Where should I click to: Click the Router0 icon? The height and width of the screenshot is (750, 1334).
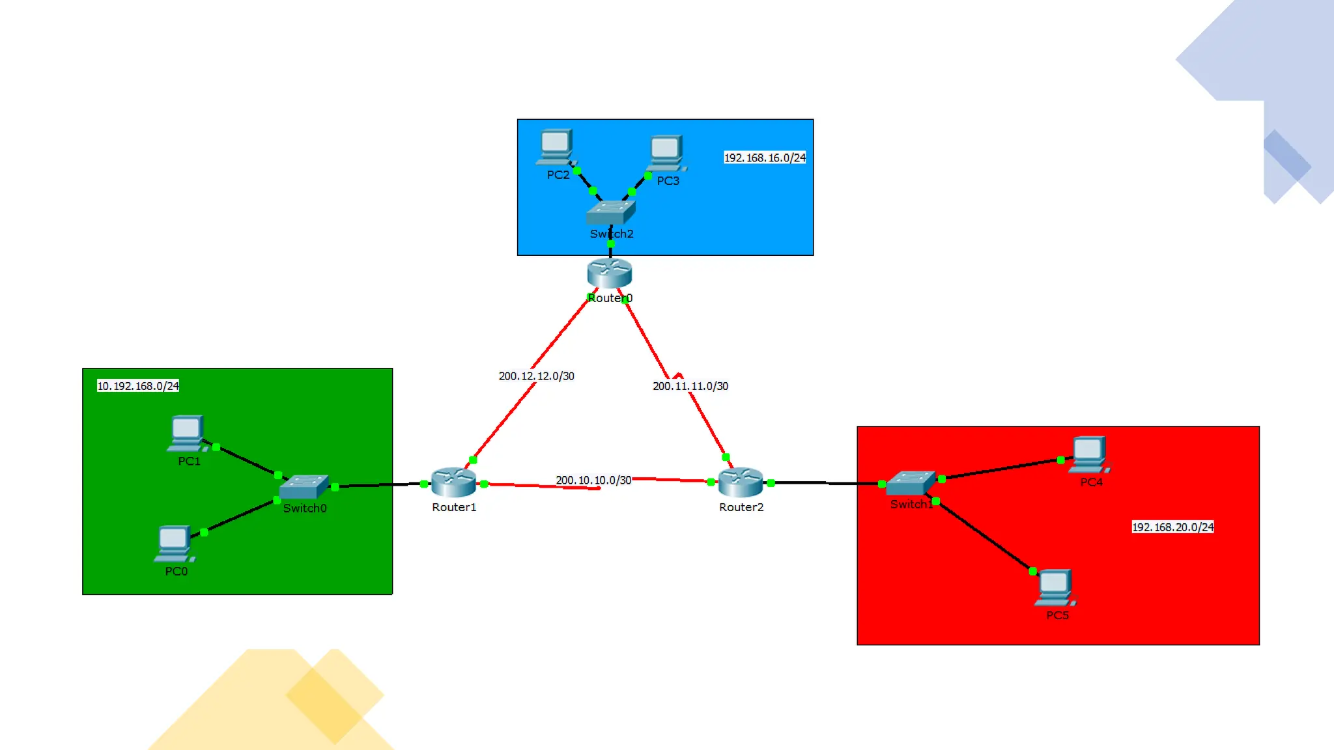[609, 273]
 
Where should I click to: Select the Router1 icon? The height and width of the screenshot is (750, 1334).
[453, 482]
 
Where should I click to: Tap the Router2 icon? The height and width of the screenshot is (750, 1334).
[741, 482]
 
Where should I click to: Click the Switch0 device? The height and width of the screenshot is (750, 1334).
[304, 487]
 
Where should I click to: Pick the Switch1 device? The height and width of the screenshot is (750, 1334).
[911, 483]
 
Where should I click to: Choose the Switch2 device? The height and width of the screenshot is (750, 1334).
[611, 212]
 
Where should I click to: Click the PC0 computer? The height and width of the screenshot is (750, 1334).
[174, 543]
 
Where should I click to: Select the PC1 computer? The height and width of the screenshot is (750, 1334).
[187, 433]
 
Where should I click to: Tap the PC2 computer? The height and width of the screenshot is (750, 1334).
[556, 147]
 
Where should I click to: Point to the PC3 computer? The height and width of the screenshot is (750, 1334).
[666, 153]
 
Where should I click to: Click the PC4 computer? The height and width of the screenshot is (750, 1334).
[1090, 454]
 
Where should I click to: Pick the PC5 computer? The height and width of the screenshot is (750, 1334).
[1055, 588]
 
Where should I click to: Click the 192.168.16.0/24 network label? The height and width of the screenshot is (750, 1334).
[765, 158]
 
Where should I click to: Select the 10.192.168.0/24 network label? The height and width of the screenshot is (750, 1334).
[138, 386]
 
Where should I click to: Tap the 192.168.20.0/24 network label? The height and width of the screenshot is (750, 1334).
[1172, 527]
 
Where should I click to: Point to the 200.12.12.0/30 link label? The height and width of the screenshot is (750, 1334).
[537, 376]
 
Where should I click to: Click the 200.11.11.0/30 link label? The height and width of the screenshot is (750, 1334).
[690, 386]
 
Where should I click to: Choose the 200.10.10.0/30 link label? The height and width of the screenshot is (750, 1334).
[593, 480]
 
